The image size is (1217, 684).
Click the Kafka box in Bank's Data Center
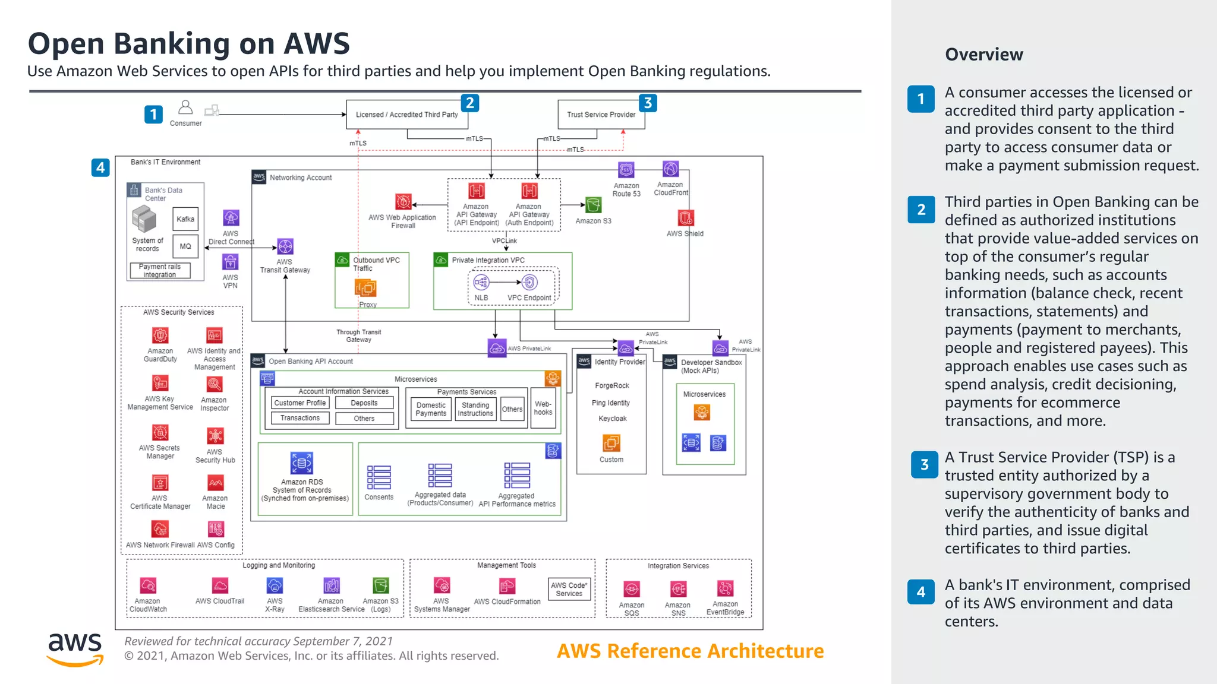point(185,219)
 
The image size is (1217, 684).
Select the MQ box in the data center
point(185,246)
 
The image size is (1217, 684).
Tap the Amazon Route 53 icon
point(626,170)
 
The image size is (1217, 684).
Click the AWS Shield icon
point(686,218)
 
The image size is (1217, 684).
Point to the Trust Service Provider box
point(601,115)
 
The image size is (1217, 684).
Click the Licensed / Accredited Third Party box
point(407,115)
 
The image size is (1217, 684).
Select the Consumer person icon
point(185,107)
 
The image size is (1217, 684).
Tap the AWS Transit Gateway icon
point(285,246)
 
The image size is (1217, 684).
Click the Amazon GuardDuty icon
point(160,335)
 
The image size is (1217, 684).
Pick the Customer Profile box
point(300,403)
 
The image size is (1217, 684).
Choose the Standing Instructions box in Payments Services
point(475,409)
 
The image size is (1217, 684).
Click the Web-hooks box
point(543,408)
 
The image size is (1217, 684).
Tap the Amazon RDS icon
point(302,463)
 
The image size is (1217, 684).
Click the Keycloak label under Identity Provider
point(612,419)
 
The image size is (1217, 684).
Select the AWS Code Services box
point(569,589)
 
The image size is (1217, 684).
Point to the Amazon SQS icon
point(632,589)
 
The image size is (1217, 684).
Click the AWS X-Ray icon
point(275,586)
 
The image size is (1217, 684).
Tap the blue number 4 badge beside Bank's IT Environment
point(100,167)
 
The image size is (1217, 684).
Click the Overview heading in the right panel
point(984,55)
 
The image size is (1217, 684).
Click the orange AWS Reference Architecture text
point(690,651)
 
